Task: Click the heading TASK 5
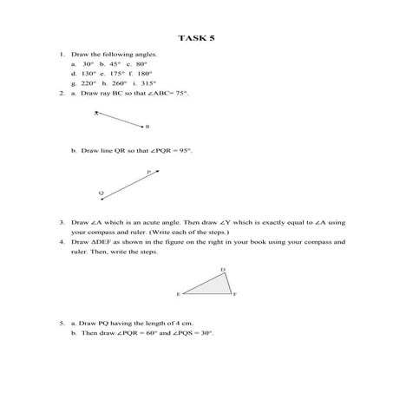[196, 38]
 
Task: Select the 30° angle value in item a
[88, 63]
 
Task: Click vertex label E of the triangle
[179, 295]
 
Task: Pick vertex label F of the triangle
[235, 295]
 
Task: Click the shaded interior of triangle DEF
[215, 286]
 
